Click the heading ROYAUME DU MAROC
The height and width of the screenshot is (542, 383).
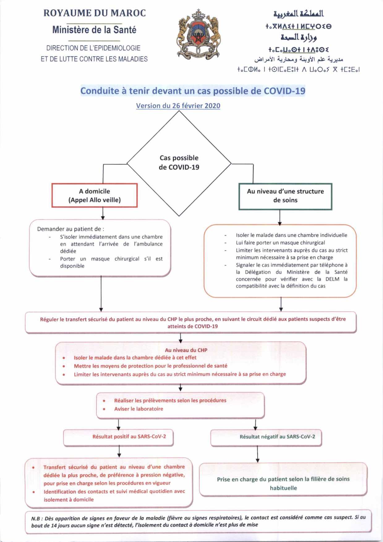[x=94, y=13]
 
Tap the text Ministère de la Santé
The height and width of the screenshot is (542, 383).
[x=94, y=30]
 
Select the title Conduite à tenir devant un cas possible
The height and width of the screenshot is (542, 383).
[x=193, y=91]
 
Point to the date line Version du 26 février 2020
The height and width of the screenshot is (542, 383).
[x=178, y=106]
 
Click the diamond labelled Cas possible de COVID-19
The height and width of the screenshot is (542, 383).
[x=179, y=163]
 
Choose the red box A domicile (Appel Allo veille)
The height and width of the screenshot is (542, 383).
[x=95, y=195]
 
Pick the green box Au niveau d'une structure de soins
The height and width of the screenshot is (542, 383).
[x=285, y=196]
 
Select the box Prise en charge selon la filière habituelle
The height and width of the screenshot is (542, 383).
[x=283, y=483]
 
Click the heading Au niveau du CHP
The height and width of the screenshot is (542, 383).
[x=186, y=350]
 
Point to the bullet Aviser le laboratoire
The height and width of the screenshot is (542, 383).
[x=138, y=409]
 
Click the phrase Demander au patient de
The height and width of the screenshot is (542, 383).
[x=70, y=229]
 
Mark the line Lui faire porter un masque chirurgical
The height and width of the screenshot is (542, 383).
[x=280, y=243]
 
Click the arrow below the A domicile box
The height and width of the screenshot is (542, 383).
[x=103, y=213]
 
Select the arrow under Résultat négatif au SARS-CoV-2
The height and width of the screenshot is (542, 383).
[x=257, y=454]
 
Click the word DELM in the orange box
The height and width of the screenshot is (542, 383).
[x=332, y=279]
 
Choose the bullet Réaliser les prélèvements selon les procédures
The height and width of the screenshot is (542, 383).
[x=170, y=401]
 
